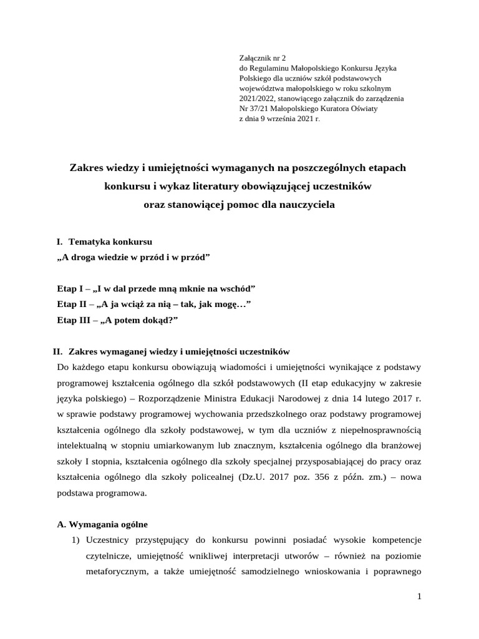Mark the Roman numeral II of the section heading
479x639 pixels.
pos(58,351)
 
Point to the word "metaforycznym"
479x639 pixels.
pos(115,572)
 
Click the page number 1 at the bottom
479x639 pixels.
pos(420,597)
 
